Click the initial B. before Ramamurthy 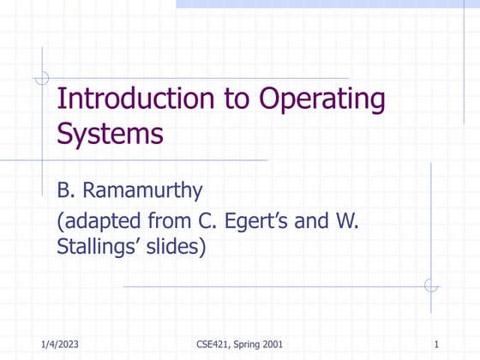[x=68, y=190]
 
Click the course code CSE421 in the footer [x=211, y=345]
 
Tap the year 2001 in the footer [x=273, y=345]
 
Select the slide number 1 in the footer [x=436, y=345]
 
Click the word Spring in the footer [x=246, y=345]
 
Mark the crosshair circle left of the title [x=41, y=78]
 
